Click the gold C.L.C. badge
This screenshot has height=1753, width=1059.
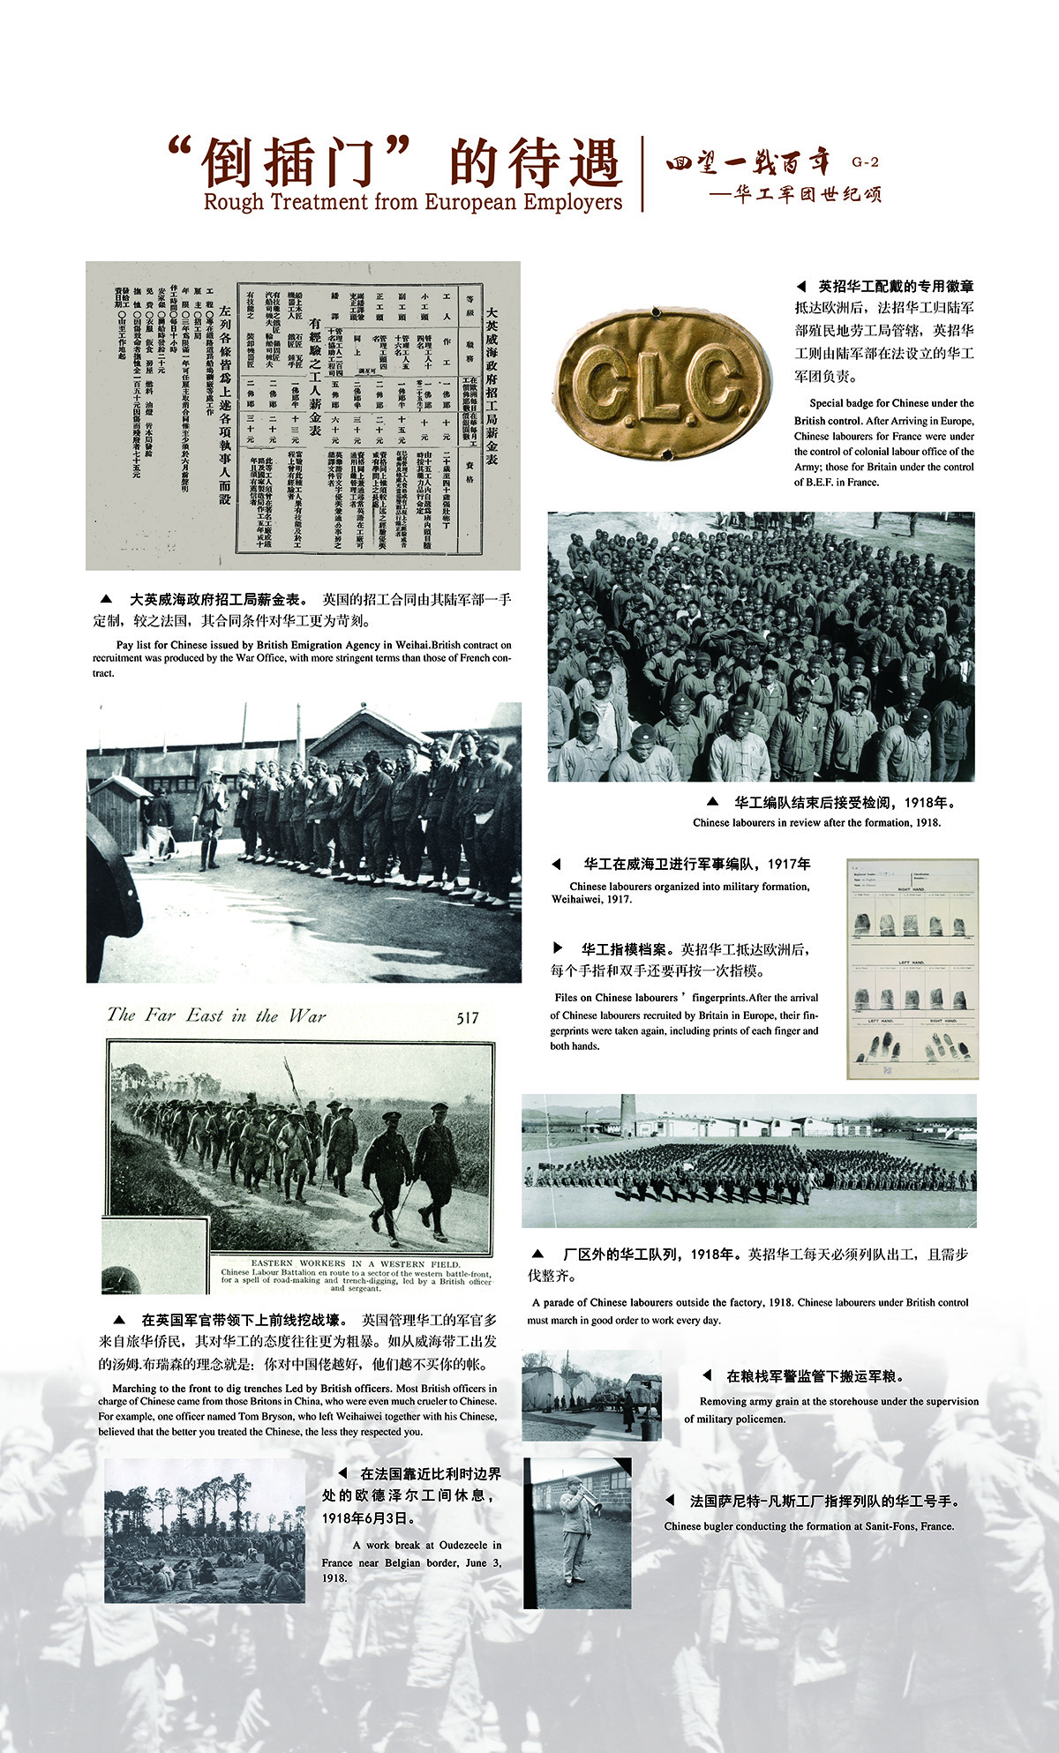click(x=659, y=381)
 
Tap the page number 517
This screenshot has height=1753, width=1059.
click(x=468, y=1017)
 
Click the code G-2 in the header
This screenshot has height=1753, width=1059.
click(x=866, y=162)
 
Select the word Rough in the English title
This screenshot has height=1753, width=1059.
click(x=233, y=202)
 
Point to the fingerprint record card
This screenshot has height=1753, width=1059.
click(x=912, y=968)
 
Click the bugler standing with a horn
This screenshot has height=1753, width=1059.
click(x=575, y=1535)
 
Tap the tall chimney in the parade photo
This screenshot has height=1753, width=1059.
click(x=627, y=1116)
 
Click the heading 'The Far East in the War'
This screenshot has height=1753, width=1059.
click(x=216, y=1015)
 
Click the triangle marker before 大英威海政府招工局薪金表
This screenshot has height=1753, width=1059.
click(x=106, y=599)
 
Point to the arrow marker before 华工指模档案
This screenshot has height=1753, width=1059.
click(x=558, y=948)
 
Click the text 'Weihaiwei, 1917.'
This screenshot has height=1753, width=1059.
click(x=591, y=900)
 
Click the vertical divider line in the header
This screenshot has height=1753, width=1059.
click(x=642, y=174)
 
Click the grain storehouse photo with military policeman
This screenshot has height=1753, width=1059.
click(x=590, y=1395)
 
